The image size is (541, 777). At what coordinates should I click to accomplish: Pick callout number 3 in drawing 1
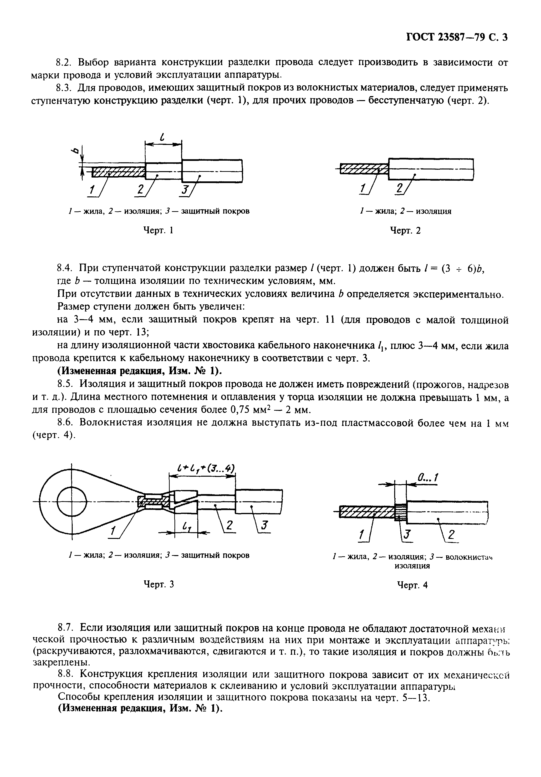184,191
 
